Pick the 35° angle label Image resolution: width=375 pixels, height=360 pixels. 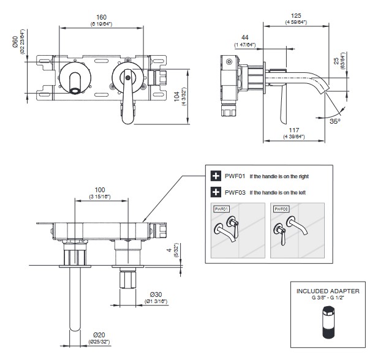tap(335, 121)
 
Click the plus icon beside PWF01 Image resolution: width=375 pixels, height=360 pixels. tap(216, 176)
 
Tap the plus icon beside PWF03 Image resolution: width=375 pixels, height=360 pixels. tap(216, 192)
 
